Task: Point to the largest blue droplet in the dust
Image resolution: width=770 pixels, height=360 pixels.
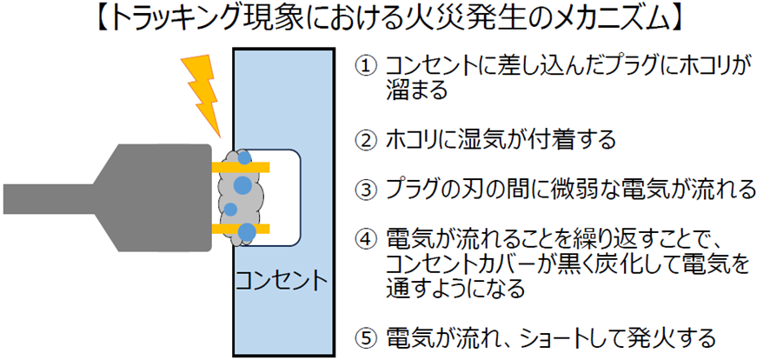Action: tap(244, 185)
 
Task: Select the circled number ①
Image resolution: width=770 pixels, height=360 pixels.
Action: tap(368, 66)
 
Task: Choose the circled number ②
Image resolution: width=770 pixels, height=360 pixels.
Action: tap(368, 139)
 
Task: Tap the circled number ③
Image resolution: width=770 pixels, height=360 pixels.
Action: tap(368, 188)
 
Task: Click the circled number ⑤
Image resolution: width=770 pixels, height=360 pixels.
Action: tap(368, 337)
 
